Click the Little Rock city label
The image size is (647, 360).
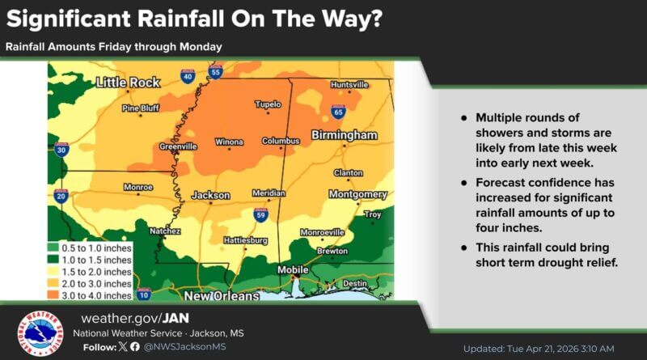(128, 83)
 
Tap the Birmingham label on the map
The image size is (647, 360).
(344, 134)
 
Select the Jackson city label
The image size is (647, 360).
(210, 196)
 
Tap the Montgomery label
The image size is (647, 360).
(357, 195)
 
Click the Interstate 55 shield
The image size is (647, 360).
(215, 73)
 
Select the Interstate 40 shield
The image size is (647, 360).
(188, 77)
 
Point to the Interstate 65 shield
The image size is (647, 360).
(337, 112)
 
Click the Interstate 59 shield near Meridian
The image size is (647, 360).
(260, 214)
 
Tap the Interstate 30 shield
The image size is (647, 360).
(61, 149)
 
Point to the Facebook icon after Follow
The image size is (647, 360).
(134, 346)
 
